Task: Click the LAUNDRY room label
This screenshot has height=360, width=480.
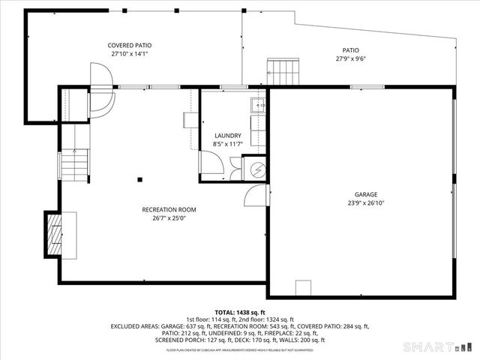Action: tap(228, 136)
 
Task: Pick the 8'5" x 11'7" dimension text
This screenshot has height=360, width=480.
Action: tap(228, 144)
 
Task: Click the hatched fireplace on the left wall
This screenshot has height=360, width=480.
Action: tap(54, 235)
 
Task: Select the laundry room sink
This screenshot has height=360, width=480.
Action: tap(256, 106)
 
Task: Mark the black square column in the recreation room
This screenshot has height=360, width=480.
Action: tap(139, 179)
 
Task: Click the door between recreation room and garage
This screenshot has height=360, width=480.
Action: tap(256, 195)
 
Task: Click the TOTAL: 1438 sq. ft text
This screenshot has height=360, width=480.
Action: tap(239, 312)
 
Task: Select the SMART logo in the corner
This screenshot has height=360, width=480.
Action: tap(438, 346)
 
